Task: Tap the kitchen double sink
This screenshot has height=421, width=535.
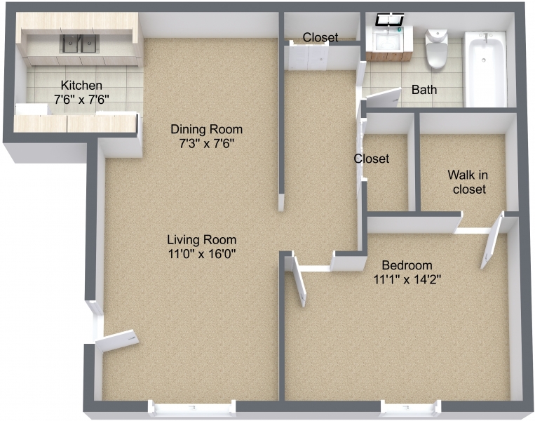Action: point(79,45)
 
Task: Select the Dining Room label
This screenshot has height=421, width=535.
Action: point(207,129)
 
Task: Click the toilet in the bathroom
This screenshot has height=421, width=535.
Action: point(436,49)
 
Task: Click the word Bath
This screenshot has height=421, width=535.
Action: point(424,90)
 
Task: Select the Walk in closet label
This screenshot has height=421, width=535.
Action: point(469,182)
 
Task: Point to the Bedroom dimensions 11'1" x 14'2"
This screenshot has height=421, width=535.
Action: point(407,279)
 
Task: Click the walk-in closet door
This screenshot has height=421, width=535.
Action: point(491,242)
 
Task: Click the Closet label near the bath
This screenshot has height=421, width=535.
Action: point(320,37)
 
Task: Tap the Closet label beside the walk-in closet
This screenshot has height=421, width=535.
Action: point(372,159)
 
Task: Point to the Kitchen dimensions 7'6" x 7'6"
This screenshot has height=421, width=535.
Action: point(81,100)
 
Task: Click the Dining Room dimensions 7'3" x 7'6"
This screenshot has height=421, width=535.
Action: point(207,143)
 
